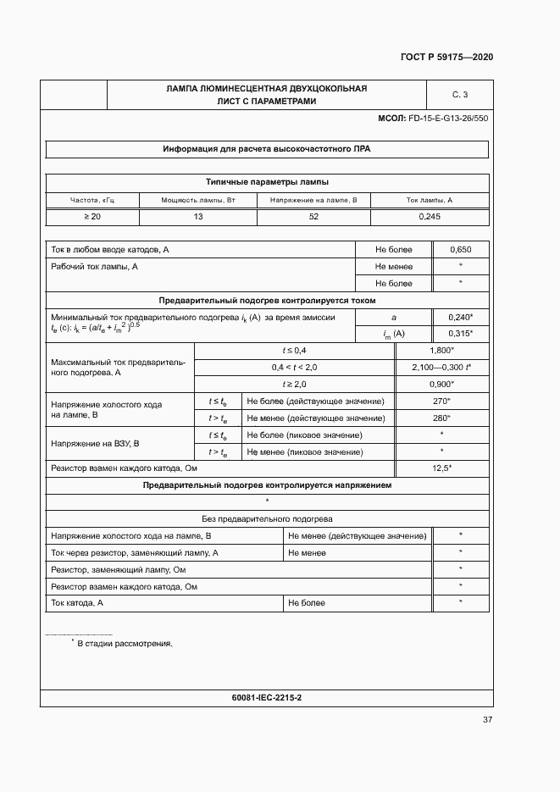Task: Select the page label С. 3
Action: [x=460, y=94]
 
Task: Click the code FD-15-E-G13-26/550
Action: [x=448, y=119]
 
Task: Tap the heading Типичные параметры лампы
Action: [x=267, y=181]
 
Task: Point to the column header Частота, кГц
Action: [x=91, y=200]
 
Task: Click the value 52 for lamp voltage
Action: [x=313, y=217]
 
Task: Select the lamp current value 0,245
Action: [x=430, y=217]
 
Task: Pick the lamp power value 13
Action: [x=198, y=217]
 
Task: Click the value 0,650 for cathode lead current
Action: [x=460, y=250]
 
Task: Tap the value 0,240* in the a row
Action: [x=460, y=317]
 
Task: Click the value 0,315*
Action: [x=460, y=334]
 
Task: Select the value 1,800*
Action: [x=442, y=350]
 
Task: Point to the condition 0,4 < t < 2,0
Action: [x=294, y=367]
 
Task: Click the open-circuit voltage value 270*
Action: [x=442, y=401]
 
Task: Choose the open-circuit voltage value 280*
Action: [x=442, y=418]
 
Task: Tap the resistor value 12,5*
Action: [x=442, y=468]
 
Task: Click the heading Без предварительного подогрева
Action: [x=267, y=518]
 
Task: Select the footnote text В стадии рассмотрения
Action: [x=125, y=644]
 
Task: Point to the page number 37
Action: [x=487, y=720]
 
